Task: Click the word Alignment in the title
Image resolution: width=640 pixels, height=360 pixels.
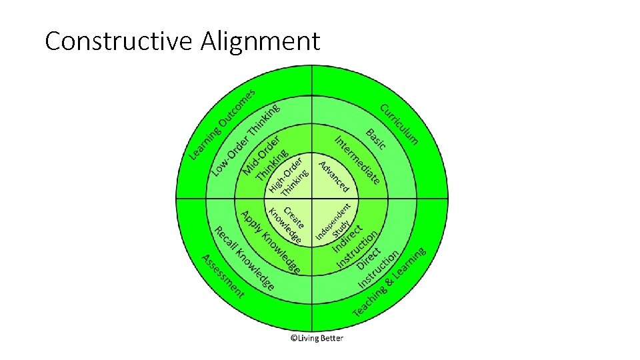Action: click(x=260, y=41)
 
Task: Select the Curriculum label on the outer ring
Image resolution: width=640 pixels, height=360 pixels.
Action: click(x=399, y=124)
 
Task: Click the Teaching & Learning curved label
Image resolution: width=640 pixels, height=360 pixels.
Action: click(x=390, y=283)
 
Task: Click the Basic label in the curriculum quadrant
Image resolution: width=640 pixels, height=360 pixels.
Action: click(x=375, y=139)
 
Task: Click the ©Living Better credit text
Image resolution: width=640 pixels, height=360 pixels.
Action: click(x=316, y=338)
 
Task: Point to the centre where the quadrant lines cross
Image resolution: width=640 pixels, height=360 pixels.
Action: click(x=313, y=199)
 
